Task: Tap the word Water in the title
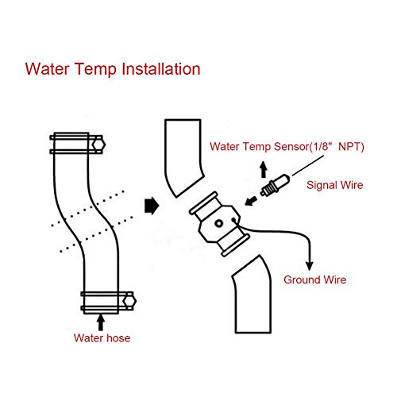(48, 67)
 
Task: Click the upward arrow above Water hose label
(101, 321)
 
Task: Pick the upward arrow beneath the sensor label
(264, 169)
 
